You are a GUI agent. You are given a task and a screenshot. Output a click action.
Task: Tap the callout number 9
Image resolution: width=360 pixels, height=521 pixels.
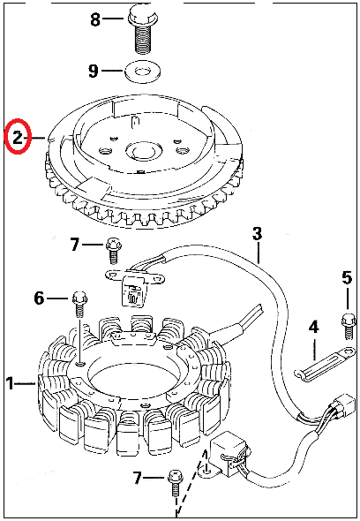click(x=94, y=71)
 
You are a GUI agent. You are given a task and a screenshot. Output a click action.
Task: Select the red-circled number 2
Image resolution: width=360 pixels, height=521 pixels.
click(x=18, y=137)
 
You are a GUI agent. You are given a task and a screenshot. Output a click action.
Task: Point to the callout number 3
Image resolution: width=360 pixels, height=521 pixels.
click(x=257, y=234)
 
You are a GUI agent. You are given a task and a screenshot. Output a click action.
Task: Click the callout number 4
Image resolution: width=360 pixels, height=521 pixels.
click(x=314, y=328)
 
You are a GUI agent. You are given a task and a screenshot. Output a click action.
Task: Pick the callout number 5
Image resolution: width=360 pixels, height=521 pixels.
click(x=347, y=278)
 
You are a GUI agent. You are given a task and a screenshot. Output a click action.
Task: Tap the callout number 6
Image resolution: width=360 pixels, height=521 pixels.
click(x=39, y=298)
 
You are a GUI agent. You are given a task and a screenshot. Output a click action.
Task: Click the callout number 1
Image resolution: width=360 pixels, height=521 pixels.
click(x=10, y=383)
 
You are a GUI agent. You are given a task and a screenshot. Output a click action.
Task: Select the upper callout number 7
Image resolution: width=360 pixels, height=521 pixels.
click(x=75, y=245)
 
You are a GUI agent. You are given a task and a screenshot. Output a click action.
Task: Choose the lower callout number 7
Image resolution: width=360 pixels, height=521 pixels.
click(x=138, y=478)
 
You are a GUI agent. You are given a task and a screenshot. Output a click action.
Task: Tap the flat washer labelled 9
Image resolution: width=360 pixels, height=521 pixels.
click(x=142, y=71)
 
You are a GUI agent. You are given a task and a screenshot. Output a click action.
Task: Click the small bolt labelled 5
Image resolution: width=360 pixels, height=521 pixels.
click(x=349, y=325)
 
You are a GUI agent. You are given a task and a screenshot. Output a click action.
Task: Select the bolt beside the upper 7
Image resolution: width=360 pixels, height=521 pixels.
click(x=114, y=251)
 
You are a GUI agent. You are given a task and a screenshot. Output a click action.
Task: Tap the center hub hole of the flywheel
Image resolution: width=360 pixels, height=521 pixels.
click(x=143, y=153)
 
